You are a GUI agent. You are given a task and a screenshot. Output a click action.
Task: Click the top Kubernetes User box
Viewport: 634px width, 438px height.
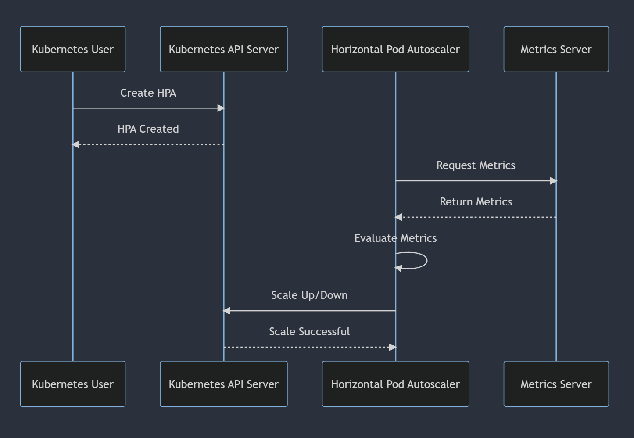point(73,49)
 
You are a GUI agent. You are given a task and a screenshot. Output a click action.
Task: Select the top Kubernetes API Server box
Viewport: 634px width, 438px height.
point(224,49)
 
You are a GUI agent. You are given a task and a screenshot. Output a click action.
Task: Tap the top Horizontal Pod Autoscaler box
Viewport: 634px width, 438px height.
point(395,49)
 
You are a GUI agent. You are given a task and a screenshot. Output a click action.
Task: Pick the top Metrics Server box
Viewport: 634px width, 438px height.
point(556,49)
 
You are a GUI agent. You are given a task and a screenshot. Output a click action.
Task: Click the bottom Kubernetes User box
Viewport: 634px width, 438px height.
point(73,384)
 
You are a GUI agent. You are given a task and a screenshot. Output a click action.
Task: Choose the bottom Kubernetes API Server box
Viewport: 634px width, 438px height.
point(224,384)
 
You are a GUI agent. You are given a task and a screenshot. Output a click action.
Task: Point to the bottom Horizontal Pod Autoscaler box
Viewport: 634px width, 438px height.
point(395,384)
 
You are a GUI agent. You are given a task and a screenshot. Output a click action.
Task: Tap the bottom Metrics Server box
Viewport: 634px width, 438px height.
point(556,384)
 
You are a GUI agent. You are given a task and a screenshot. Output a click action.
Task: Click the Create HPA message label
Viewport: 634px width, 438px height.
point(148,93)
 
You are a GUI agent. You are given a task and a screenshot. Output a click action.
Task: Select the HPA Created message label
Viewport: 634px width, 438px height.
point(148,129)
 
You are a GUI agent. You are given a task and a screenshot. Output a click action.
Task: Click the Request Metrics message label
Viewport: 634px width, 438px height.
point(476,165)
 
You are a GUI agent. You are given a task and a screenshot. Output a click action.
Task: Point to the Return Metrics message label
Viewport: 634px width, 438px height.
point(476,201)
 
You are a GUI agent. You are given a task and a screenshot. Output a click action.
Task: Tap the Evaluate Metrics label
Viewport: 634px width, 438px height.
point(395,238)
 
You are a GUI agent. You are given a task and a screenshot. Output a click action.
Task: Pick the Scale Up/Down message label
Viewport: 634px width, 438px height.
point(309,295)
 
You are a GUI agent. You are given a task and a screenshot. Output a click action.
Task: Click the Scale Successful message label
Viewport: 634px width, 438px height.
point(309,331)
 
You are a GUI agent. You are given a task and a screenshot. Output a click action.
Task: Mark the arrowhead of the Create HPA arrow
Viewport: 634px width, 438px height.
point(221,108)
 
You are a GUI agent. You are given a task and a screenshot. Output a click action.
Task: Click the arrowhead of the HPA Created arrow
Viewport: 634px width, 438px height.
point(75,144)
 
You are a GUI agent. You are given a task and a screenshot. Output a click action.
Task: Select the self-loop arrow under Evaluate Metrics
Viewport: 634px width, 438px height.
point(427,260)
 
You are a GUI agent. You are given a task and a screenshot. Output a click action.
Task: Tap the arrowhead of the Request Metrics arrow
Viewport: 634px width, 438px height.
point(554,181)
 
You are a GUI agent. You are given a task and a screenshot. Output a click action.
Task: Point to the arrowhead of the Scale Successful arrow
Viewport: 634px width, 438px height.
point(393,347)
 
